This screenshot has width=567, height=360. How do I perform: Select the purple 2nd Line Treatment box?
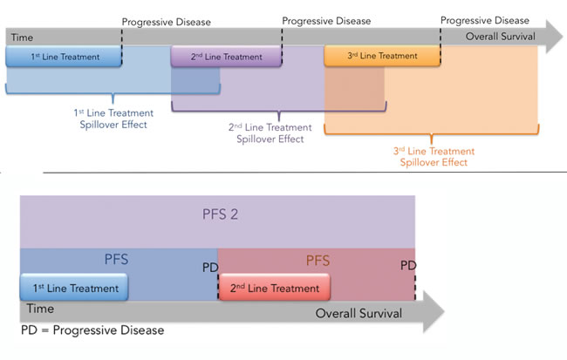[227, 57]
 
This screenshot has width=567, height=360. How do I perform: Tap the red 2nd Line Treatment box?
[274, 288]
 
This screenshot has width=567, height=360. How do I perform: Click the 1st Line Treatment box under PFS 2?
[74, 288]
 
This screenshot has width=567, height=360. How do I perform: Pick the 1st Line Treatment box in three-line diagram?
[64, 57]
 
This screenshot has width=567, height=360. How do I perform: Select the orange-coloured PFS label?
[317, 259]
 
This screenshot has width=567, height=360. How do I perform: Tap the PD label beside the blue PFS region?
[209, 265]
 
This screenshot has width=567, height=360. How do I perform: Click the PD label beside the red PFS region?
[406, 265]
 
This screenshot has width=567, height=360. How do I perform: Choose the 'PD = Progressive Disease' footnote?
[92, 330]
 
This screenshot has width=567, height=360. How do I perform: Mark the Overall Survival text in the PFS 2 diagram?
[359, 312]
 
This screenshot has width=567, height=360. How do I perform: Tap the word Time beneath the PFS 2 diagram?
[40, 309]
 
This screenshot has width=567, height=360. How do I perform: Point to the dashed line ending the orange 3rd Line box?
[440, 54]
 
